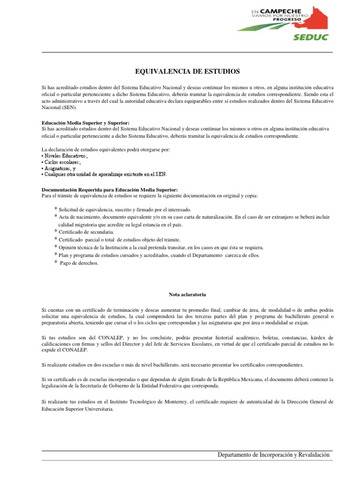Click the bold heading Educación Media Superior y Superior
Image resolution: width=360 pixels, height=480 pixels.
85,122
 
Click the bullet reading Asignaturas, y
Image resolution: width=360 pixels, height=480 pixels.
60,168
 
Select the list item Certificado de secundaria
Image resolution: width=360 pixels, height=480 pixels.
86,232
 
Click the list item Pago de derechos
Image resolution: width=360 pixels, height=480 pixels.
80,263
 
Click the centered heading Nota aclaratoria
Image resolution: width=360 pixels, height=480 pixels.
187,294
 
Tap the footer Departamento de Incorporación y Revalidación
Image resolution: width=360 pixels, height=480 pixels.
274,455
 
